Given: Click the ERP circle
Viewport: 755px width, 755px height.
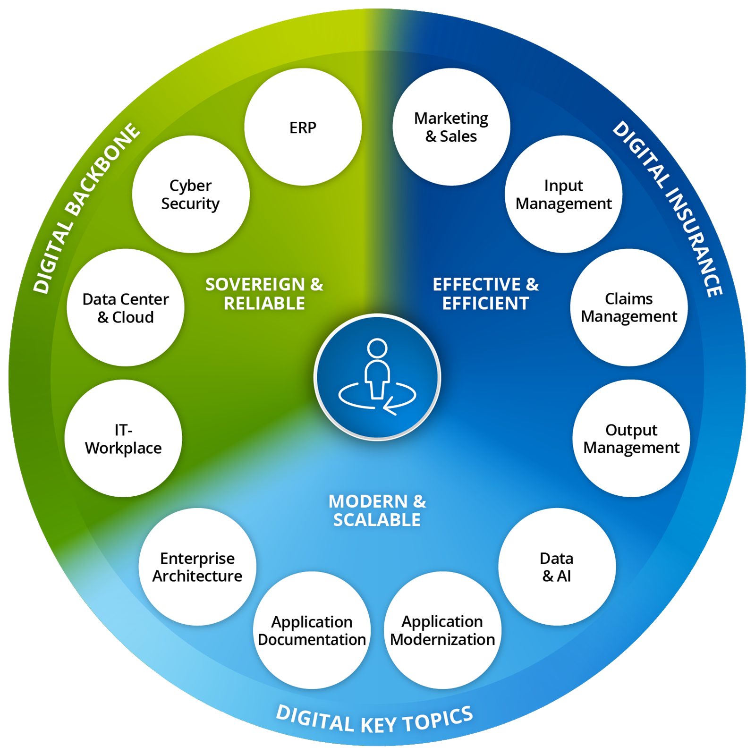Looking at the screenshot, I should (303, 127).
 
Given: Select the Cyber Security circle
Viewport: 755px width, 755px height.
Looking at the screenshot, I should (191, 194).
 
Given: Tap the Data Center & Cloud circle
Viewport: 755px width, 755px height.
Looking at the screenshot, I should (126, 307).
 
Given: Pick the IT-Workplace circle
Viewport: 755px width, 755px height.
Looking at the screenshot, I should (123, 438).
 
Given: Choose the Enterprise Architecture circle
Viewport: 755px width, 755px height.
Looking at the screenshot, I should (197, 567).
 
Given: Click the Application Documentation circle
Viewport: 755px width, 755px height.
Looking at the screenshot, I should (312, 630).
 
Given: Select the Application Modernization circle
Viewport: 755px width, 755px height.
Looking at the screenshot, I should (442, 630).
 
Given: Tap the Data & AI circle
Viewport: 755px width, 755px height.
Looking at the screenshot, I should (557, 567).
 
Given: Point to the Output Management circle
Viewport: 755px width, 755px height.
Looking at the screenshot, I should (631, 438).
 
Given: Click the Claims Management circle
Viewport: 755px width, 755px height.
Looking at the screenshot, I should (629, 307).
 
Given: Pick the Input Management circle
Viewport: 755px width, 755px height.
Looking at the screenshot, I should (563, 194).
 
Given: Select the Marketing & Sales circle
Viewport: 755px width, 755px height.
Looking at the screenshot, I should (451, 127).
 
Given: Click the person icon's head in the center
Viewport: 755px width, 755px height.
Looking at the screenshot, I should (377, 348).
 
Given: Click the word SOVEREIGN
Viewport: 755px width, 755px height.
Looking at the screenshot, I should (255, 284).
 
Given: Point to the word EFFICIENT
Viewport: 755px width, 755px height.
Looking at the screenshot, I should (485, 303).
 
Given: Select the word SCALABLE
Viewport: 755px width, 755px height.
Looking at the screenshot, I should (377, 520).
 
